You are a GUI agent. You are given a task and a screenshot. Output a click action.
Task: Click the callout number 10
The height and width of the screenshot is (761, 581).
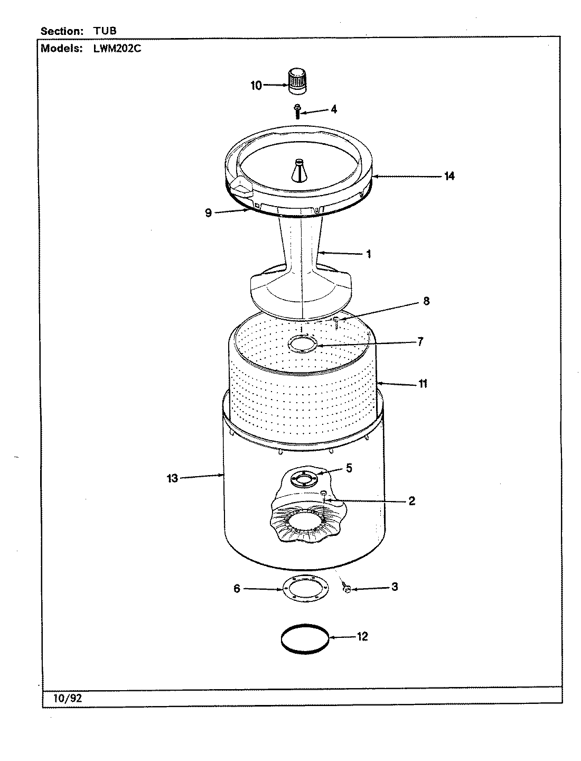coord(256,86)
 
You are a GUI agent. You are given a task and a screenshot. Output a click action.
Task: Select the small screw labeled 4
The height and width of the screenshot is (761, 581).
coord(297,112)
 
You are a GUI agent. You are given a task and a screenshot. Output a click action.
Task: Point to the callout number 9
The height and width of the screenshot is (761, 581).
coord(208,212)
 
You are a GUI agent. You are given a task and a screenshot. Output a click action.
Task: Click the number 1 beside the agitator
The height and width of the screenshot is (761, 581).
coord(368,254)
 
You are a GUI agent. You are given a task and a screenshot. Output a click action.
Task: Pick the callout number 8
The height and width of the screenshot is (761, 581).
coord(426,301)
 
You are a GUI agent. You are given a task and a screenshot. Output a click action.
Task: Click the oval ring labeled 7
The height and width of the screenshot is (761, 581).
coord(302,346)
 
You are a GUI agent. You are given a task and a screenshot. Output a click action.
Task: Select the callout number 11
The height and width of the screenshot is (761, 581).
coord(423,384)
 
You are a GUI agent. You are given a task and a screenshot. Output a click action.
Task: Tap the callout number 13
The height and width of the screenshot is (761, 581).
coord(172,478)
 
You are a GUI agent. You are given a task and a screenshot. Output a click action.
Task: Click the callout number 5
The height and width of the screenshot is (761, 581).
coord(349,468)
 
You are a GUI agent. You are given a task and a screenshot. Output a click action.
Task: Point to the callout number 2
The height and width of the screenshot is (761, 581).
coord(411,500)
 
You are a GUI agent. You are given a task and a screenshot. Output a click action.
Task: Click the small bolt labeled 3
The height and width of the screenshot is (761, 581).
coord(347,588)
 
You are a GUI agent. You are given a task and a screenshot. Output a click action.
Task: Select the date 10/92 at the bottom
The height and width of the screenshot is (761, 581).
coord(68,698)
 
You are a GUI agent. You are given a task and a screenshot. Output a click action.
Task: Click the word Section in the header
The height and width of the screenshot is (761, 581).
coord(62,31)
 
